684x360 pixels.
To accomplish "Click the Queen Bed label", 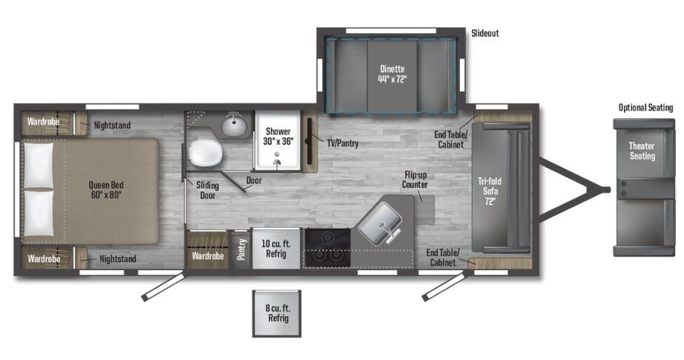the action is [x=105, y=190].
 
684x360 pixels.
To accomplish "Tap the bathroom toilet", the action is [x=205, y=153].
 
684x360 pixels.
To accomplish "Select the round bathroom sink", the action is [x=234, y=125].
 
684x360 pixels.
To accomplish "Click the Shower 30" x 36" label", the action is [x=278, y=136].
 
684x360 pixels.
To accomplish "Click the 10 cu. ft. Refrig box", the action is [x=276, y=249].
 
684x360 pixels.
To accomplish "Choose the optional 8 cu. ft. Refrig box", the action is [x=277, y=313].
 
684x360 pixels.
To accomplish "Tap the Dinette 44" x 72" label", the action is [x=392, y=73].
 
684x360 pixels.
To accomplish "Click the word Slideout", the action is [x=485, y=33].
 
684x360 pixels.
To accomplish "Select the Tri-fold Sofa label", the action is [x=490, y=191].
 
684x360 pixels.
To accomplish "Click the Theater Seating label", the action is [x=642, y=151].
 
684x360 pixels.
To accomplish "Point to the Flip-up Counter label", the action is [x=415, y=180].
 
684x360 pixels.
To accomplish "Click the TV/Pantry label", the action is [x=343, y=143].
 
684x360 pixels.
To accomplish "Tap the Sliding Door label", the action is [x=208, y=190].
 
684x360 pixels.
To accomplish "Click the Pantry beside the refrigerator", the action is [x=241, y=249].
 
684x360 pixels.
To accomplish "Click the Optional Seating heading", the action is [x=645, y=108].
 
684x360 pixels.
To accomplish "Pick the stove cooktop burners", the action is [x=327, y=246].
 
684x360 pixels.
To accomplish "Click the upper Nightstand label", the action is [x=112, y=125].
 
